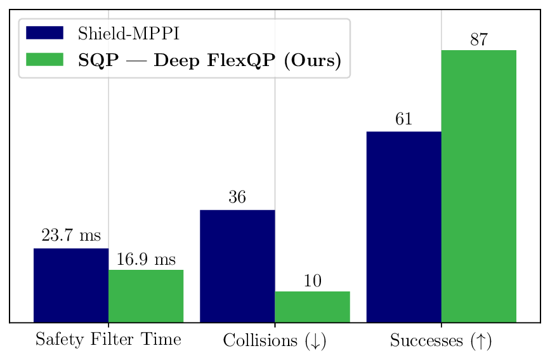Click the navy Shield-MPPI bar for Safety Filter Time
(71, 285)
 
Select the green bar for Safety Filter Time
(146, 296)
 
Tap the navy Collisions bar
(237, 266)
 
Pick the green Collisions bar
(312, 307)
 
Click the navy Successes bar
(403, 227)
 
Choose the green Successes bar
(478, 186)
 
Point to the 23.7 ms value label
(71, 236)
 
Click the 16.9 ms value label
(146, 259)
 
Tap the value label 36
(237, 198)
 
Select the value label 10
(312, 281)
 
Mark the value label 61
(403, 119)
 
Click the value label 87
(478, 39)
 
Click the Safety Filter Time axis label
(108, 340)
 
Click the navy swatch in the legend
(44, 33)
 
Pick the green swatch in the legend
(44, 60)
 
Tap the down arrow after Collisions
(315, 342)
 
